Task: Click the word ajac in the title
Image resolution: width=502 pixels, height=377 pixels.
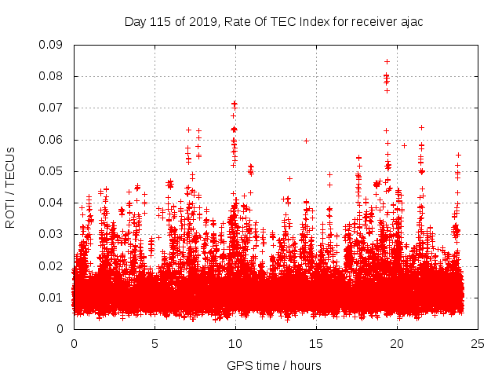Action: [410, 21]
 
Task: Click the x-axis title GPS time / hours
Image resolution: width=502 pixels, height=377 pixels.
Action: [274, 365]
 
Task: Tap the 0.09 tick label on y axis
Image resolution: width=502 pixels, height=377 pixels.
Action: [53, 45]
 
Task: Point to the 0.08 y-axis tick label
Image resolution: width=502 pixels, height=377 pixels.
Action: [53, 76]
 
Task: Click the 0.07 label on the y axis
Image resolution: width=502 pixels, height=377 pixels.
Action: [53, 108]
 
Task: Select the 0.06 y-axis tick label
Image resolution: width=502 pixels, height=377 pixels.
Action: [53, 140]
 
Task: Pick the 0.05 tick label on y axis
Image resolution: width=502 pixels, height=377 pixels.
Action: [53, 171]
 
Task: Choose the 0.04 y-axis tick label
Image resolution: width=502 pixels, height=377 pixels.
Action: [53, 203]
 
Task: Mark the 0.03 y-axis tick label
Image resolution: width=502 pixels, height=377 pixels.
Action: [53, 234]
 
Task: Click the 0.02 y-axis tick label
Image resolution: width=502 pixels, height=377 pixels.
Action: [53, 265]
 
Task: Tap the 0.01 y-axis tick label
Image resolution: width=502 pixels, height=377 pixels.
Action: [53, 297]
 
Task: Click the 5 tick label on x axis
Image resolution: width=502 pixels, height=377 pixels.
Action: [155, 343]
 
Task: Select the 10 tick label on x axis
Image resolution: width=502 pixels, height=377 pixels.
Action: [235, 343]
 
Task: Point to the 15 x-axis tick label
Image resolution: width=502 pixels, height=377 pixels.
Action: [316, 343]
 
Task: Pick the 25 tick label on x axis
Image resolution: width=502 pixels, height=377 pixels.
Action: [478, 343]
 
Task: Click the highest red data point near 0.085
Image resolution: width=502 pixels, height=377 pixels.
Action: [387, 60]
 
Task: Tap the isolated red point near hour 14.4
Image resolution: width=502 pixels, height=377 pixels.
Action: [306, 141]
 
